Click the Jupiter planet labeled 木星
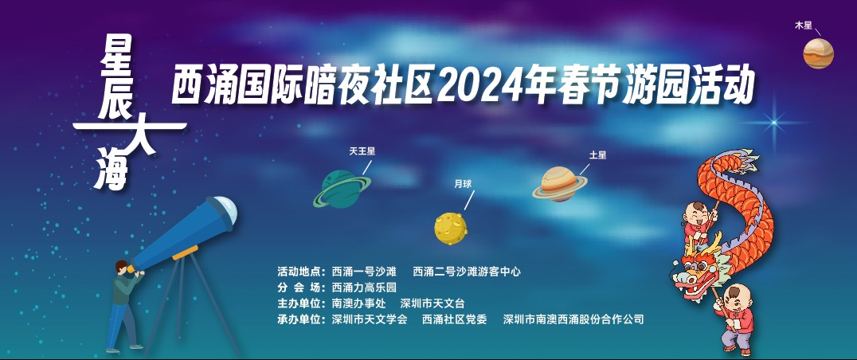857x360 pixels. coord(818,53)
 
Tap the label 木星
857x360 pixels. coord(804,25)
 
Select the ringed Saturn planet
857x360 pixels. coord(560,184)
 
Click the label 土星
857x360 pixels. coord(597,155)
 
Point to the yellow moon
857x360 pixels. coord(451,229)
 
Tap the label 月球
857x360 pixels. coord(463,184)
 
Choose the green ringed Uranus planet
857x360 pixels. coord(342,189)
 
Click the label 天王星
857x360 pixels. coord(362,151)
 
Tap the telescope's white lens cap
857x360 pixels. coord(227,209)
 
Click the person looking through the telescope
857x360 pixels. coord(124,306)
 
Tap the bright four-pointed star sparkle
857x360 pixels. coord(774,121)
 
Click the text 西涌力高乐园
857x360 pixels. coord(364,288)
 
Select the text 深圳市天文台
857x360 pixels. coord(432,303)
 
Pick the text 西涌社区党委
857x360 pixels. coord(454,319)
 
